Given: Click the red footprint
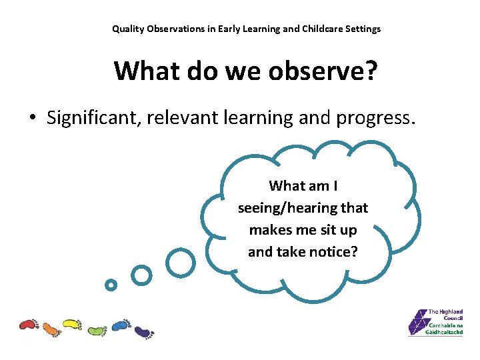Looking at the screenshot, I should [x=29, y=325].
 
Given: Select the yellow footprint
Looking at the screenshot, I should [x=72, y=325].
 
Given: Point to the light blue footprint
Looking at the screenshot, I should [x=120, y=325].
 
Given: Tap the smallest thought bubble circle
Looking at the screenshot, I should [x=111, y=285].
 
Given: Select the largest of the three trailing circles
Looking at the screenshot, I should [x=180, y=263].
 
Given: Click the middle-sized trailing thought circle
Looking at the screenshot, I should [x=141, y=274].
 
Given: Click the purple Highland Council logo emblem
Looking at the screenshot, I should [x=418, y=323].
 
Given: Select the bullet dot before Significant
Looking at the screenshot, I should [x=32, y=119].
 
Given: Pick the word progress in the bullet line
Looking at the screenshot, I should [x=375, y=118].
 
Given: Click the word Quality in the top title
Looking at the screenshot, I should [x=127, y=29].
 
